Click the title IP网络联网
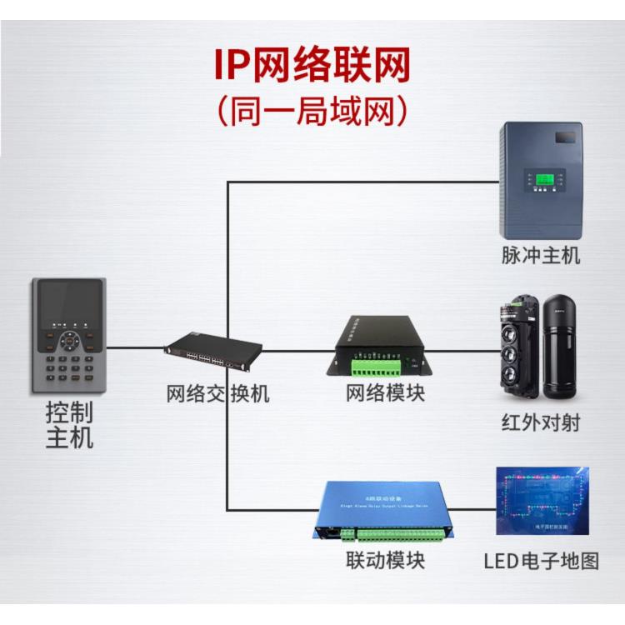coord(312,65)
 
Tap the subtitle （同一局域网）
coord(312,111)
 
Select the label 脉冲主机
coord(541,255)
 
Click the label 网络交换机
coord(217,393)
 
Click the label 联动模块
coord(385,560)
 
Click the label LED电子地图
coord(541,560)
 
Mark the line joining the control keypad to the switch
coord(135,347)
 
